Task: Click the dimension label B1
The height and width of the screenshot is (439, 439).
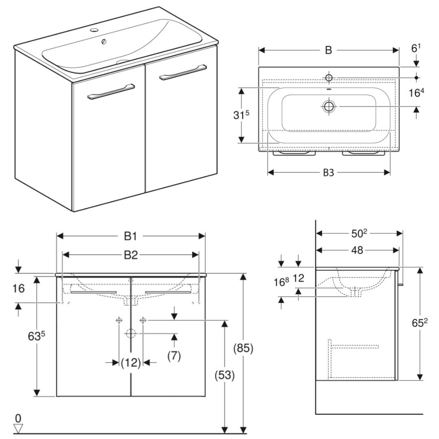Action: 130,236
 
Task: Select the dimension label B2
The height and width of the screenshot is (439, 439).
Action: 130,255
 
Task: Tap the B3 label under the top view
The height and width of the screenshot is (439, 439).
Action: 328,172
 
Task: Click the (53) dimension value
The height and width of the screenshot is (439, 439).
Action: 224,376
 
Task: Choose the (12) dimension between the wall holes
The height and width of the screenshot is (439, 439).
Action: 130,362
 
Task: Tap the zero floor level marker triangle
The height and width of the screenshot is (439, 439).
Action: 19,427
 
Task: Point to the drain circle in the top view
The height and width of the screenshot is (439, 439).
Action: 328,106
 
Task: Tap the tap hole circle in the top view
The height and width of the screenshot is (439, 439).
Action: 328,77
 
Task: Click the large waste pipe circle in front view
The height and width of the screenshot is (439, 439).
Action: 130,334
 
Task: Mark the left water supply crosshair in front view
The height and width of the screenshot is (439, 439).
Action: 119,320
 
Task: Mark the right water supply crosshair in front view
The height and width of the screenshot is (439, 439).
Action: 143,320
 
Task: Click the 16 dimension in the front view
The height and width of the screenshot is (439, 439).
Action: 18,289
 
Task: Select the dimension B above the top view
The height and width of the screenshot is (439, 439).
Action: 328,50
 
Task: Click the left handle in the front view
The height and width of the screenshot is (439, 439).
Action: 94,292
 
